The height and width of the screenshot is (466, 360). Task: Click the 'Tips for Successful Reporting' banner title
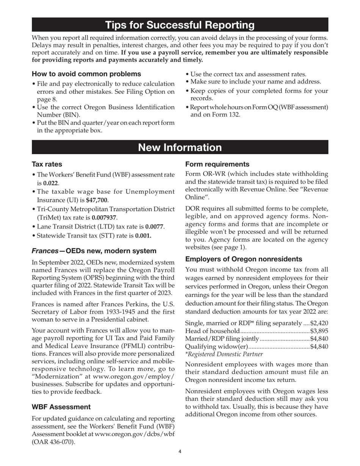tap(180, 25)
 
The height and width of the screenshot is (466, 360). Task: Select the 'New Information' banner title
tap(180, 147)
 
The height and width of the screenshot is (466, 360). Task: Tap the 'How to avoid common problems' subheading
tap(86, 74)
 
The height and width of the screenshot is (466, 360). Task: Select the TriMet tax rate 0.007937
tap(105, 218)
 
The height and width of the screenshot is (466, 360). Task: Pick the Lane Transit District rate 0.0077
tap(155, 227)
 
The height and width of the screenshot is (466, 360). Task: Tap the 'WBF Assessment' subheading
tap(61, 407)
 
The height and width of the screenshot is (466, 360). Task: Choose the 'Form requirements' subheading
tap(217, 164)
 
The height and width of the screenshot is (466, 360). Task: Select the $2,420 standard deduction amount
tap(319, 323)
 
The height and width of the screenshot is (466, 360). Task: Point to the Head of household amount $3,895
tap(319, 331)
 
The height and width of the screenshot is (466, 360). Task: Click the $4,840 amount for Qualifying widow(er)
tap(319, 347)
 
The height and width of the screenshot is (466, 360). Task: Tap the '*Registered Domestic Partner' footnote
tap(224, 354)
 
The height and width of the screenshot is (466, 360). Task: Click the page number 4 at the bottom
tap(180, 452)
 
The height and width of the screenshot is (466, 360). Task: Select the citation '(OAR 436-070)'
tap(53, 442)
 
